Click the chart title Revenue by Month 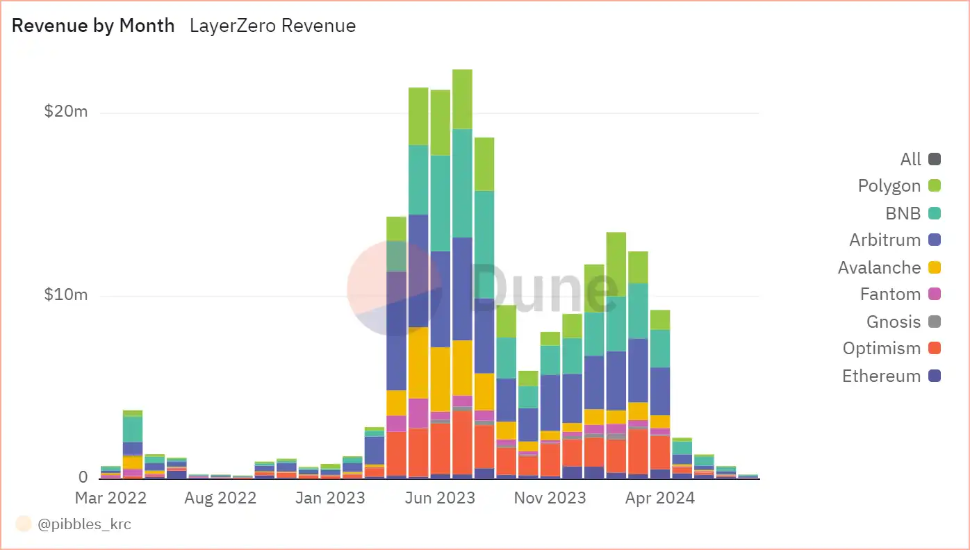[93, 26]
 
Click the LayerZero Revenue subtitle [272, 26]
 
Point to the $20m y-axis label [66, 111]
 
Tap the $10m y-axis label [66, 294]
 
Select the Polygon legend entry [889, 186]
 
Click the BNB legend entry [903, 213]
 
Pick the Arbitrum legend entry [885, 240]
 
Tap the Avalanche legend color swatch [935, 267]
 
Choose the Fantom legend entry [891, 294]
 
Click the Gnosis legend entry [894, 322]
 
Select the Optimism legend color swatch [935, 349]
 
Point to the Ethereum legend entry [882, 376]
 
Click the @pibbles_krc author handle [84, 524]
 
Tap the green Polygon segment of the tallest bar [462, 99]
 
